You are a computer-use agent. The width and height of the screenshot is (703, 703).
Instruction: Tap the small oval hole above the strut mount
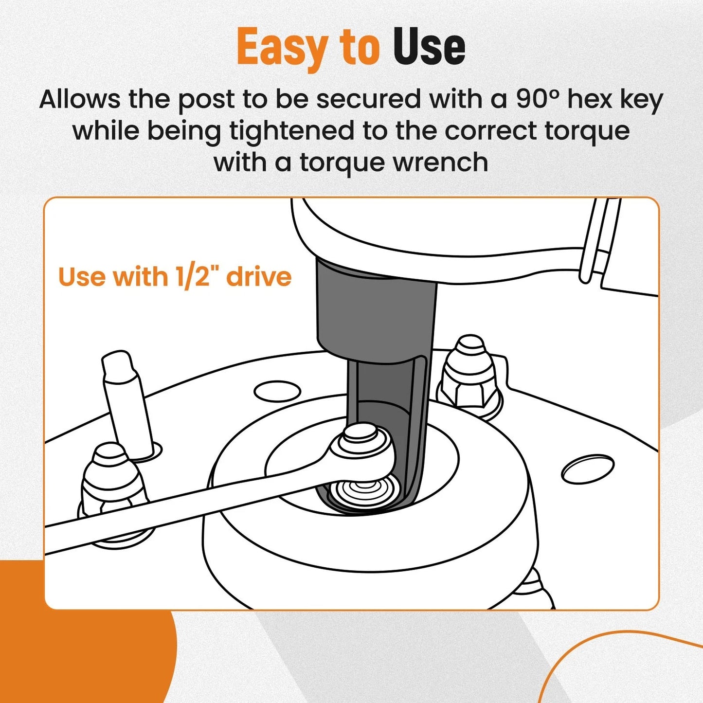277,392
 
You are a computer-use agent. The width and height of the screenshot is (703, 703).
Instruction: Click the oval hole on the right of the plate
588,470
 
